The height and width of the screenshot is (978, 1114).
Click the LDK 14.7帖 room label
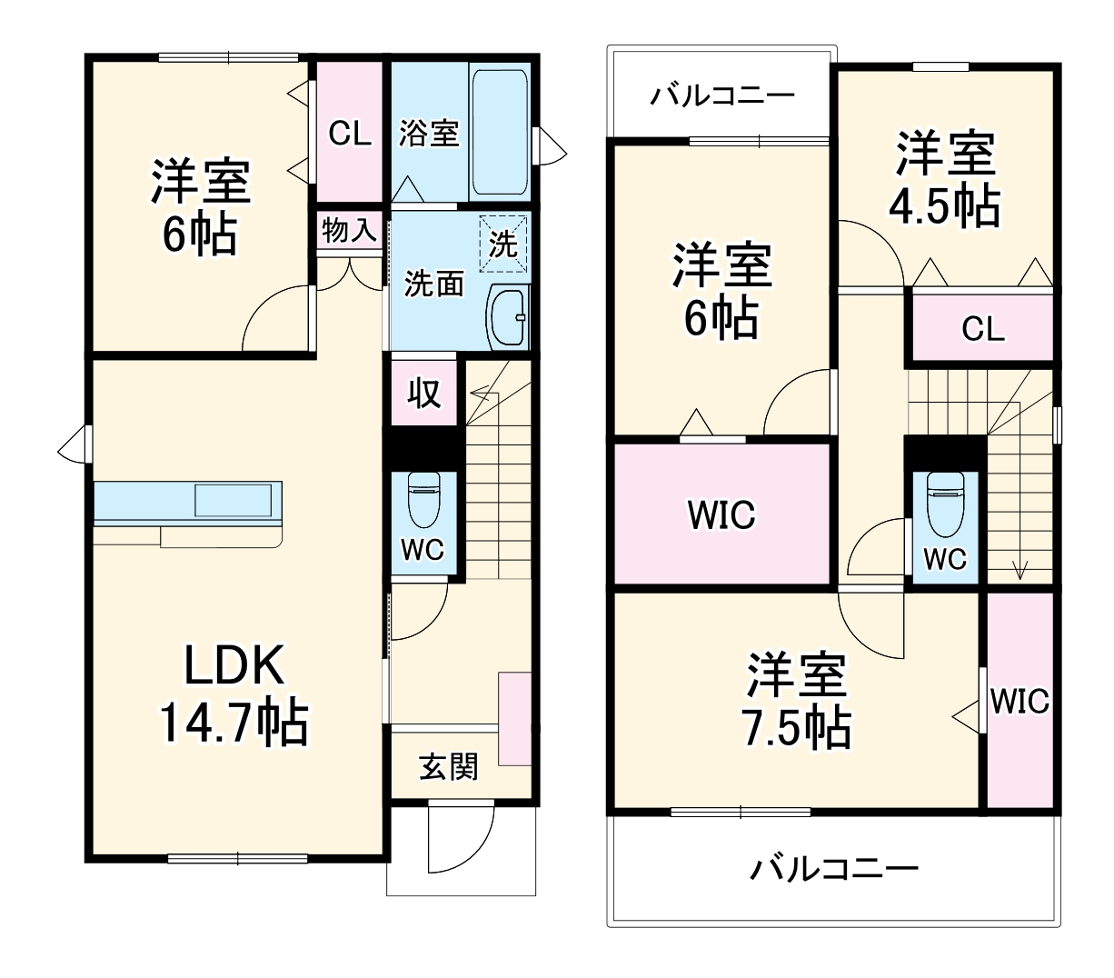pos(234,695)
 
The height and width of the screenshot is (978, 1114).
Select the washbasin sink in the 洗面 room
pos(508,316)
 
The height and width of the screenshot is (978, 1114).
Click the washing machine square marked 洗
pos(502,243)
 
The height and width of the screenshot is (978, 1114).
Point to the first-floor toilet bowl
pos(423,500)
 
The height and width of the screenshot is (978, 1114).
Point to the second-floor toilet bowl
pos(945,505)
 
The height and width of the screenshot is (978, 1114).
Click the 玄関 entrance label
pos(448,767)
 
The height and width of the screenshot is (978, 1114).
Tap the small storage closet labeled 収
pos(423,393)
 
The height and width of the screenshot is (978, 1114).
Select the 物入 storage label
pos(349,231)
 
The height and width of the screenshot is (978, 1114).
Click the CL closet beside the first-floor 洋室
pos(350,134)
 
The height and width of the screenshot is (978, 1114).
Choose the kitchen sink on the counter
pos(232,501)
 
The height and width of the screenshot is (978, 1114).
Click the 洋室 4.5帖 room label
pos(945,179)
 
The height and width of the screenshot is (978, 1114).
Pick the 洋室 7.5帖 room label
pos(796,700)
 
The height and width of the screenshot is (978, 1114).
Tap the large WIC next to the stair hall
pos(721,514)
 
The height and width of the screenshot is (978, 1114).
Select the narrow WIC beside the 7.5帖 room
pos(1020,701)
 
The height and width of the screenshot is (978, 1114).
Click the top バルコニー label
pos(722,95)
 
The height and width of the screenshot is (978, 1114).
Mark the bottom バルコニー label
pos(833,870)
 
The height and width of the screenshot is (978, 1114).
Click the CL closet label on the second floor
pos(983,329)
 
